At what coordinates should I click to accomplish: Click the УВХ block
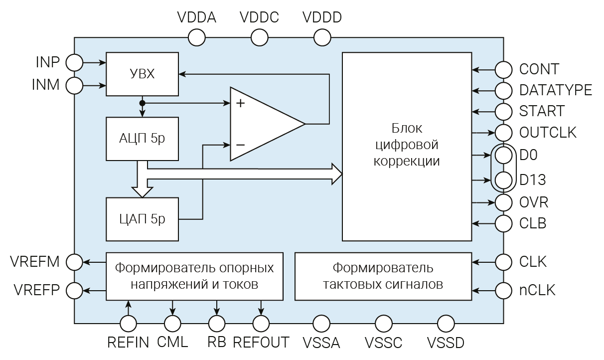(x=143, y=74)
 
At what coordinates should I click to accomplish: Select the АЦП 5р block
(x=143, y=139)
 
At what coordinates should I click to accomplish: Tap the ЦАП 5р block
(x=143, y=219)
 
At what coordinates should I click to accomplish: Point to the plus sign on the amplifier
(x=241, y=104)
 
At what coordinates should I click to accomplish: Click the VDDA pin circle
(x=196, y=37)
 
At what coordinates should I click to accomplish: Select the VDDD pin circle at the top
(x=322, y=37)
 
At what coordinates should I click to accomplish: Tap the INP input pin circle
(x=75, y=63)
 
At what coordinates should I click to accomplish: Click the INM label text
(x=46, y=85)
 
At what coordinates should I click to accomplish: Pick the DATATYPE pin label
(x=555, y=90)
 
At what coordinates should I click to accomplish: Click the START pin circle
(x=503, y=111)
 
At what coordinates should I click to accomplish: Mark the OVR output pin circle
(x=503, y=202)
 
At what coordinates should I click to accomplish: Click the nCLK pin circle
(x=503, y=290)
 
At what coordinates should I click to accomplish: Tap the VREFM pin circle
(x=75, y=262)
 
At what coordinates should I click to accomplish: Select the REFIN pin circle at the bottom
(x=129, y=324)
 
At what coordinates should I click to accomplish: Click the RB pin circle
(x=217, y=324)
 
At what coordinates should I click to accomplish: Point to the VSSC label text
(x=383, y=344)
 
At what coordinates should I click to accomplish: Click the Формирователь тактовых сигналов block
(x=383, y=276)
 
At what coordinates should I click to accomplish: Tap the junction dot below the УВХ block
(x=143, y=103)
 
